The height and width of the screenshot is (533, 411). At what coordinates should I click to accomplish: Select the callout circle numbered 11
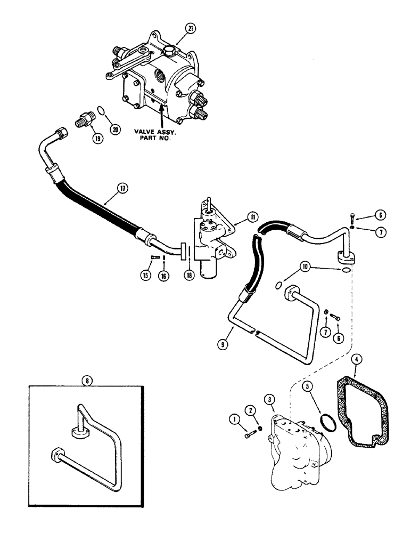pos(252,217)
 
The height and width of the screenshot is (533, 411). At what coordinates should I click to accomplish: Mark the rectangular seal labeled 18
pos(184,251)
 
